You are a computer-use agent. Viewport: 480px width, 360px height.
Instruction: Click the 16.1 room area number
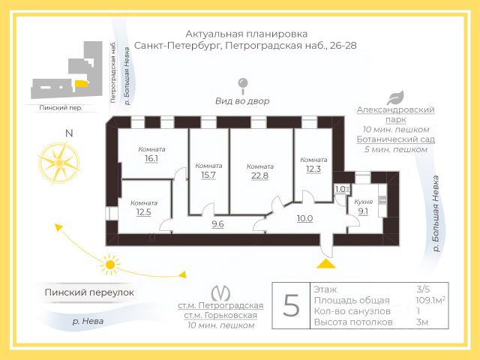[x=151, y=158]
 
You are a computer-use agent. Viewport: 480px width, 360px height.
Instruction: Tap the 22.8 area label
[x=260, y=175]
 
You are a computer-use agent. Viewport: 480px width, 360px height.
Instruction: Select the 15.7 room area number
[x=208, y=175]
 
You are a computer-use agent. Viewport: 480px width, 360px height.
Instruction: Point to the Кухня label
[x=363, y=202]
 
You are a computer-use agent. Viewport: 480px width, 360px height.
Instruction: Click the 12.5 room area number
[x=143, y=211]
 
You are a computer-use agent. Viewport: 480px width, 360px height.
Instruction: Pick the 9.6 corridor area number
[x=217, y=224]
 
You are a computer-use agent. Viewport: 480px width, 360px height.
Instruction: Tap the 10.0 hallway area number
[x=305, y=218]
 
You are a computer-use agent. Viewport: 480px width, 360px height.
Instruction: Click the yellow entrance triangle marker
[x=326, y=263]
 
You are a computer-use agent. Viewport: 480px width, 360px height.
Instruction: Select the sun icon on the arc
[x=109, y=265]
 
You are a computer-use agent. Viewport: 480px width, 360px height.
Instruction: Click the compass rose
[x=59, y=163]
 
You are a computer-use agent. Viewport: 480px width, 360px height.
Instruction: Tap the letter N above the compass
[x=70, y=133]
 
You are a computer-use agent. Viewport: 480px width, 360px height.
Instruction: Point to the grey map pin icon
[x=243, y=86]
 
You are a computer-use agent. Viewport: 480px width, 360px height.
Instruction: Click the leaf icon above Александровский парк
[x=395, y=98]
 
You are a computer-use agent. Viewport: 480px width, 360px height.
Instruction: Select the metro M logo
[x=220, y=293]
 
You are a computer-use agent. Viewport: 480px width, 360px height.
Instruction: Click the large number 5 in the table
[x=291, y=305]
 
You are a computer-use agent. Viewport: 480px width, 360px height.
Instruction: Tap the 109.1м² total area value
[x=430, y=300]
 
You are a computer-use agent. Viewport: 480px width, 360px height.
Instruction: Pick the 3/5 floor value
[x=423, y=289]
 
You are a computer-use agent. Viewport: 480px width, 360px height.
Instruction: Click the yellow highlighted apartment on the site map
[x=82, y=84]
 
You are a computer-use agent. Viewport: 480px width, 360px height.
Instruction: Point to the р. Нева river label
[x=88, y=322]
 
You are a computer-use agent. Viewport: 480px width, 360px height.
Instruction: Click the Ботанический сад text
[x=395, y=139]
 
